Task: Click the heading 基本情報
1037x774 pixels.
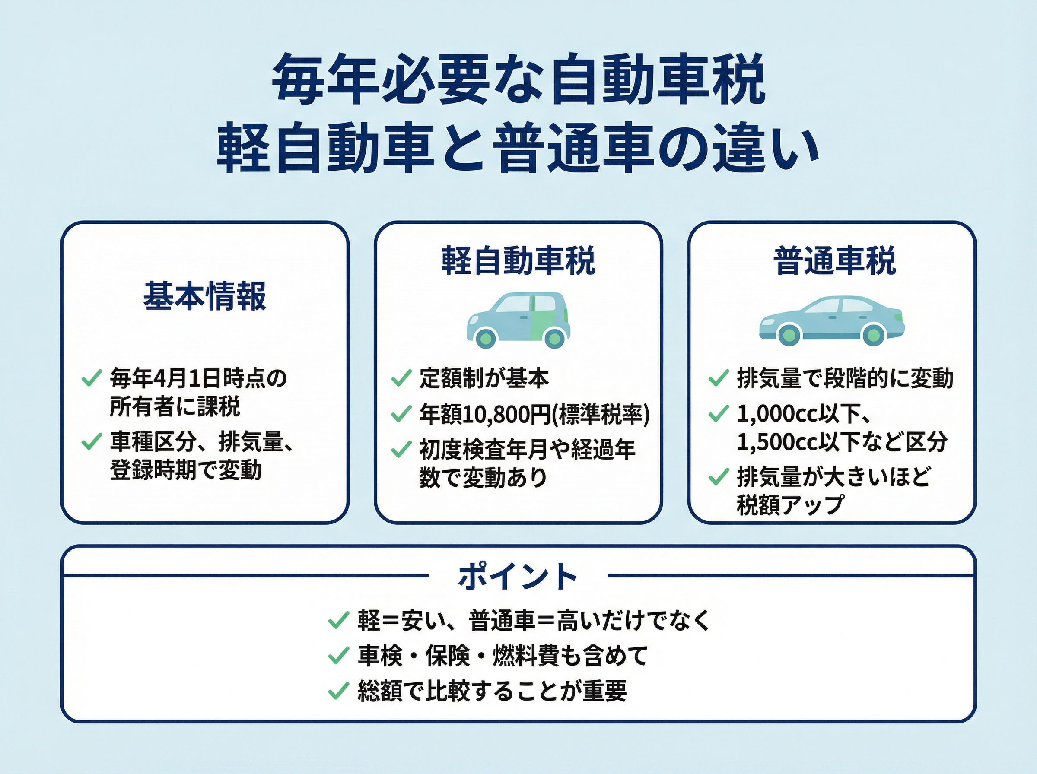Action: (205, 296)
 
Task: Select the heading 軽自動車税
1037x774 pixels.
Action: (518, 260)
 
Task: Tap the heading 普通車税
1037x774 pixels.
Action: (834, 260)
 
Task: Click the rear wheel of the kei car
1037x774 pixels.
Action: (554, 337)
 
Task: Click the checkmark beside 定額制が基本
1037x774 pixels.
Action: (401, 378)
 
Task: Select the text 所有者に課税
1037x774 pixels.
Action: (175, 406)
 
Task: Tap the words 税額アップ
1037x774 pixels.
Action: (790, 505)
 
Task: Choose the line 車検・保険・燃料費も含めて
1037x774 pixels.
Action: (503, 656)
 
